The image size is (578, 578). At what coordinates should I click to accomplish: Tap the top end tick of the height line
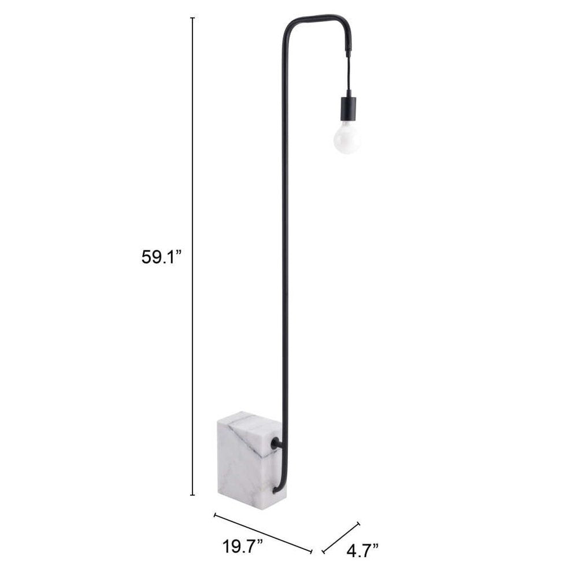point(192,18)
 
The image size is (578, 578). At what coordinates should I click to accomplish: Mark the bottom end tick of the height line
point(192,495)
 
